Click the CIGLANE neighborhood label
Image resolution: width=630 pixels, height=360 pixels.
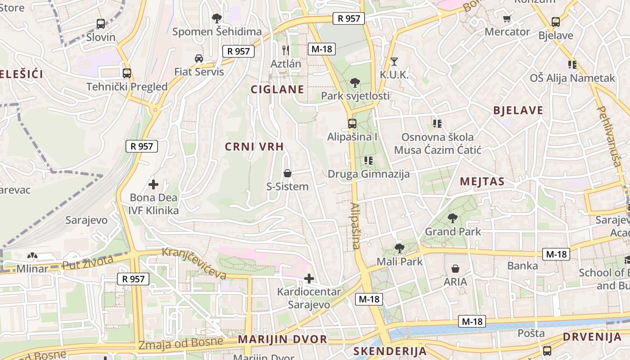pos(277,89)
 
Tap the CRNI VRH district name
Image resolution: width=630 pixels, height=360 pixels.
pos(254,146)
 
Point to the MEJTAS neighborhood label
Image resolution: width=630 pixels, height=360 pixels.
pos(482,181)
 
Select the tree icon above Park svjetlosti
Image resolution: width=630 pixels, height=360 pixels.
pos(355,82)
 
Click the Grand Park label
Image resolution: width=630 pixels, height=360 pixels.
pos(453,232)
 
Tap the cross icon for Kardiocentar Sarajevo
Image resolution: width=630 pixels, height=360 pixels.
pos(309,279)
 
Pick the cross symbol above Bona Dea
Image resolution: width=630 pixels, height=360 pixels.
pos(153,184)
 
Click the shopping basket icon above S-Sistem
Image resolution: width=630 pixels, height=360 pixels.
pos(288,173)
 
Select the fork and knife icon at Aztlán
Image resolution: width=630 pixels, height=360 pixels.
pos(286,50)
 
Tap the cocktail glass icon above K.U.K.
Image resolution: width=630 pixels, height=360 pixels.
pos(394,61)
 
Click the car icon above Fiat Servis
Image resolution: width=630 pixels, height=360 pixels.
pos(198,58)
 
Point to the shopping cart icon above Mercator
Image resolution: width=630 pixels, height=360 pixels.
pos(507,18)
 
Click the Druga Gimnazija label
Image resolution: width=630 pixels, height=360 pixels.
pos(369,174)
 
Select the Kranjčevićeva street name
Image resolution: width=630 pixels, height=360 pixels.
pos(194,263)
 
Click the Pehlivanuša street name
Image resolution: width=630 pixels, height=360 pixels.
pos(609,136)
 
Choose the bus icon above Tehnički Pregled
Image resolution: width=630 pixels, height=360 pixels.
pos(127,73)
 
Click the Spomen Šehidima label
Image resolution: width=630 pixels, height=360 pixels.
pos(217,31)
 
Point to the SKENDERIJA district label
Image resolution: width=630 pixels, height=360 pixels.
pos(390,351)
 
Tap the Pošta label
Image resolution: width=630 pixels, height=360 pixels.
pos(531,333)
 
